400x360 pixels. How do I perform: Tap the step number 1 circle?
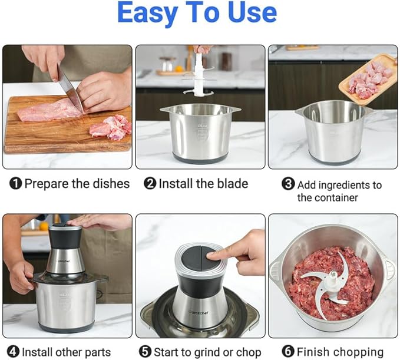(x=15, y=183)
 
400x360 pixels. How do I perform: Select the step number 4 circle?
(x=13, y=352)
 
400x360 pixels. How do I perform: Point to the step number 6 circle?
(x=288, y=351)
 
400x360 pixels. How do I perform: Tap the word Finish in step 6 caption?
(x=313, y=352)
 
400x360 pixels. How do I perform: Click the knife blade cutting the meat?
(x=70, y=88)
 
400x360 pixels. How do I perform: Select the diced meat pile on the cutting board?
(x=111, y=128)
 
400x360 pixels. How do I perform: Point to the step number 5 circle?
(x=145, y=352)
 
